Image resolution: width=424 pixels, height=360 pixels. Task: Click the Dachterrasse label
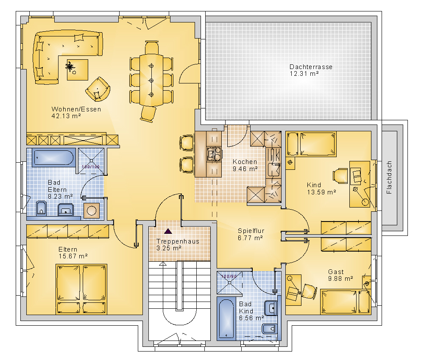tap(311, 67)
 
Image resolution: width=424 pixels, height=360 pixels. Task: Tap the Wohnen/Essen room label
tap(76, 109)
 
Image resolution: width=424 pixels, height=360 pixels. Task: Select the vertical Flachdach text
tap(389, 177)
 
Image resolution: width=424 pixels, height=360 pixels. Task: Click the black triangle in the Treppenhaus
tap(168, 231)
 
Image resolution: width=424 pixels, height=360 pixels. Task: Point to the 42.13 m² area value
tap(66, 116)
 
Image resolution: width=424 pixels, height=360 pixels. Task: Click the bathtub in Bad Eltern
tap(53, 158)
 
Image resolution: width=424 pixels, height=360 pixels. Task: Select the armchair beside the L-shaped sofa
tap(98, 89)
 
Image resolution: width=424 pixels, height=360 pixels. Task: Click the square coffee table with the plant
tap(78, 70)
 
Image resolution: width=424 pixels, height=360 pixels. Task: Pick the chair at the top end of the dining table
tap(152, 47)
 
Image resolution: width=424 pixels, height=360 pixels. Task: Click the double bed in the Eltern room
tap(81, 289)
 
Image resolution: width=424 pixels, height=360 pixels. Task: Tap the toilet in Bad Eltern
tap(41, 208)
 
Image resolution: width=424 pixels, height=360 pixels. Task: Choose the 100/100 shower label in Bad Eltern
tap(91, 167)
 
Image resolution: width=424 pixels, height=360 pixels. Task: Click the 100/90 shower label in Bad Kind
tap(229, 276)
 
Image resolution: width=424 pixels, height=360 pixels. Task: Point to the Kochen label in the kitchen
tap(245, 161)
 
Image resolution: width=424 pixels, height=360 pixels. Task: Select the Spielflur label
tap(251, 231)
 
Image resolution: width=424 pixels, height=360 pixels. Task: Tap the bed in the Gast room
tap(345, 302)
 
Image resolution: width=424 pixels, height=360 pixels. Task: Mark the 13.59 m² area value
tap(321, 192)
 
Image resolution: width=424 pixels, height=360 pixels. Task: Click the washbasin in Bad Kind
tap(271, 308)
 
